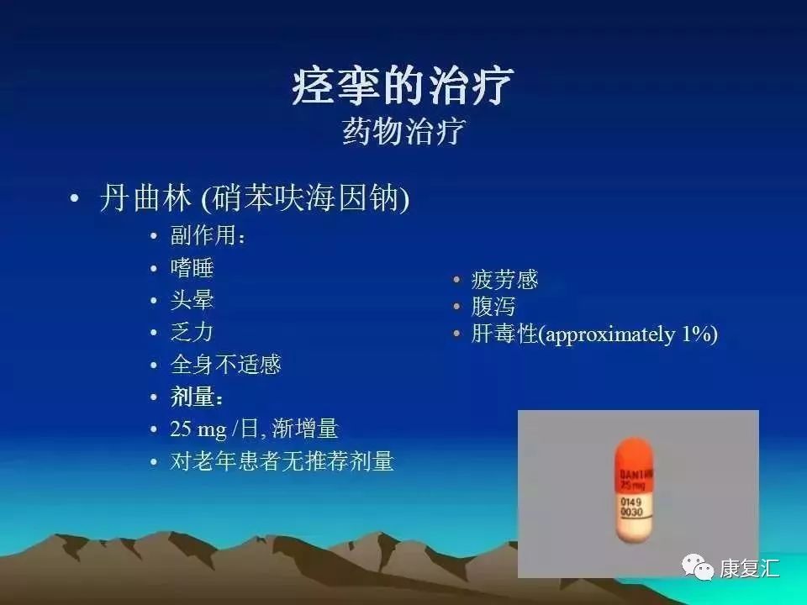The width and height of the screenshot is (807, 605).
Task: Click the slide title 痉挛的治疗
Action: (403, 86)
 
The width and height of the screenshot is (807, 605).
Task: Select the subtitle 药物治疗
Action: (403, 132)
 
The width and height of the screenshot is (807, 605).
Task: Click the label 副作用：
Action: (208, 236)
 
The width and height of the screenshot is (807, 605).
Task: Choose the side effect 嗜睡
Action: (192, 268)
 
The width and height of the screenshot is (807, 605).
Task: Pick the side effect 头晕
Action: (192, 300)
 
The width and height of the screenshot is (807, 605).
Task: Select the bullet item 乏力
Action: (192, 332)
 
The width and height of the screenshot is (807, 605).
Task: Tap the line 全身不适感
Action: (225, 364)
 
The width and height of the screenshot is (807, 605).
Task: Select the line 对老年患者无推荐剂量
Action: (282, 460)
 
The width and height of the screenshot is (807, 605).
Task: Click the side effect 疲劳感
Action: (504, 280)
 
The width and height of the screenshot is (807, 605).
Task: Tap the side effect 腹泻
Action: (493, 307)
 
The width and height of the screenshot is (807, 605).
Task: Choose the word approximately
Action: (608, 334)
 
